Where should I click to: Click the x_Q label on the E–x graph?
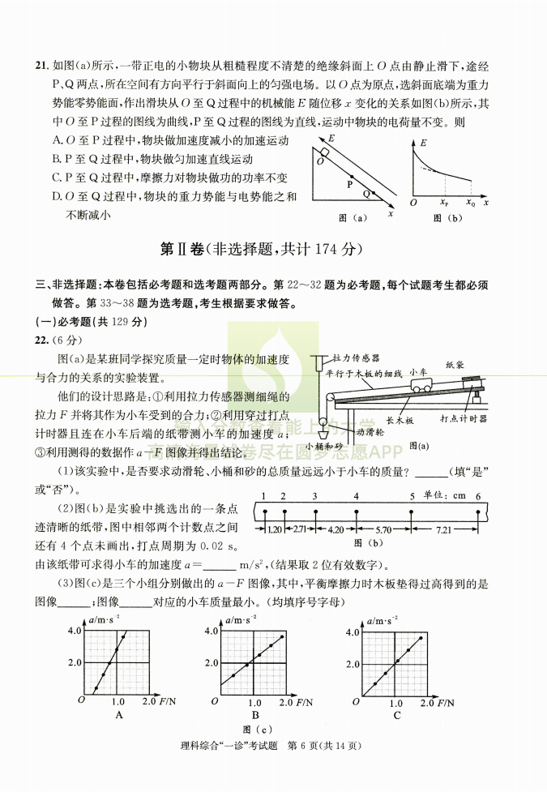(471, 203)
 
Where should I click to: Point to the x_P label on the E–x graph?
(444, 203)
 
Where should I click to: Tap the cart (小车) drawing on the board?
(419, 386)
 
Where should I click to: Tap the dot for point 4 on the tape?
(357, 511)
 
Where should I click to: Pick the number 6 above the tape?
(478, 496)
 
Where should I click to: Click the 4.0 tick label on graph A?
(75, 630)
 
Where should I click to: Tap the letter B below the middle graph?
(255, 715)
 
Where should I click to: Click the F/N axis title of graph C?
(445, 703)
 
